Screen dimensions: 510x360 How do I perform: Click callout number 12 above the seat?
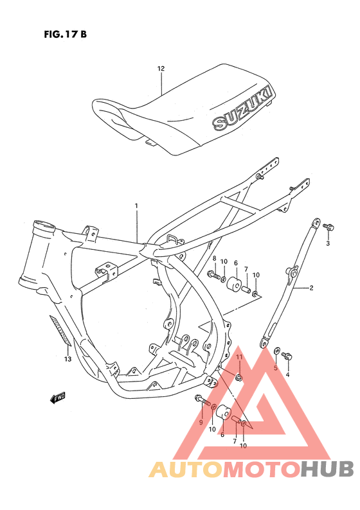161,68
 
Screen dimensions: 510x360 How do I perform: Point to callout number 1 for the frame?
136,206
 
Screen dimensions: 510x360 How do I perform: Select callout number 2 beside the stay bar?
311,288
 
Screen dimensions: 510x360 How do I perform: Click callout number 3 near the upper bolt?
327,244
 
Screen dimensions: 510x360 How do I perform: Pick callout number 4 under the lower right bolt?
288,374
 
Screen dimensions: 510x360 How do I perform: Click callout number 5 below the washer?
275,368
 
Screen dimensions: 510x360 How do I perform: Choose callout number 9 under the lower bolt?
201,422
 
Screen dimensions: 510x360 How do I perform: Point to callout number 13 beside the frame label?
67,359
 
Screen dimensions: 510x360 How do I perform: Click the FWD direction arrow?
58,398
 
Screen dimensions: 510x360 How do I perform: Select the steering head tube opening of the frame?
43,226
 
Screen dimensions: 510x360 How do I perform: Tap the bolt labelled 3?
328,226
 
